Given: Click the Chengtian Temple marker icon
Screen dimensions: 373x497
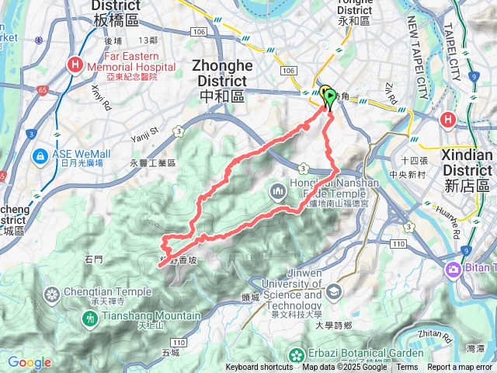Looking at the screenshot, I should [52, 295].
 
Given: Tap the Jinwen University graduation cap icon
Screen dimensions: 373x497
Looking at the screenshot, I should [334, 291].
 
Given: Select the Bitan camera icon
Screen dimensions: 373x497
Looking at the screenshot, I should [452, 270].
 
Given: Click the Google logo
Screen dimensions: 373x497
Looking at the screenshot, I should [29, 362].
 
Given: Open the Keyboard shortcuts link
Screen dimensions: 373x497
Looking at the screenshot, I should [259, 368].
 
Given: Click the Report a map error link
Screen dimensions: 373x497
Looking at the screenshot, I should [461, 368].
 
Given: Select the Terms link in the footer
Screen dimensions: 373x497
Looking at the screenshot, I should [407, 368].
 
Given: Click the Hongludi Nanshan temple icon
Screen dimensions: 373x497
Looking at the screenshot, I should [278, 191].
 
